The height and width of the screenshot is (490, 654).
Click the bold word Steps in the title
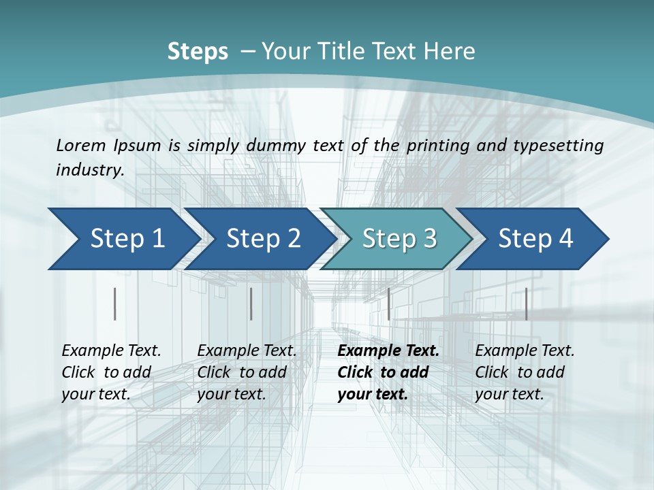pos(198,52)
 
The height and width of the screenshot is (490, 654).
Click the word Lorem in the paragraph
pos(80,145)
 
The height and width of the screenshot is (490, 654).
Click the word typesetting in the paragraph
pos(555,146)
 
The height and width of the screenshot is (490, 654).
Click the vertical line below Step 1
pos(114,304)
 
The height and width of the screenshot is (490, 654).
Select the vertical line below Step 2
pos(251,304)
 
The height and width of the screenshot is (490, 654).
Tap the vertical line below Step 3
pos(388,304)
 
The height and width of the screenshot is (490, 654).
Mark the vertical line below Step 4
pos(526,304)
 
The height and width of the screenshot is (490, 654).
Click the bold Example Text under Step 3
pos(388,350)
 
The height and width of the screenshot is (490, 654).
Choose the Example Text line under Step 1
pos(111,350)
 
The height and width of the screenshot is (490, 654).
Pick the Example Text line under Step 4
pos(525,350)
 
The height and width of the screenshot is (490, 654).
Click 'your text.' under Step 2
pos(232,394)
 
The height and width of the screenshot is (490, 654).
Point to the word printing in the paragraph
pos(436,146)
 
